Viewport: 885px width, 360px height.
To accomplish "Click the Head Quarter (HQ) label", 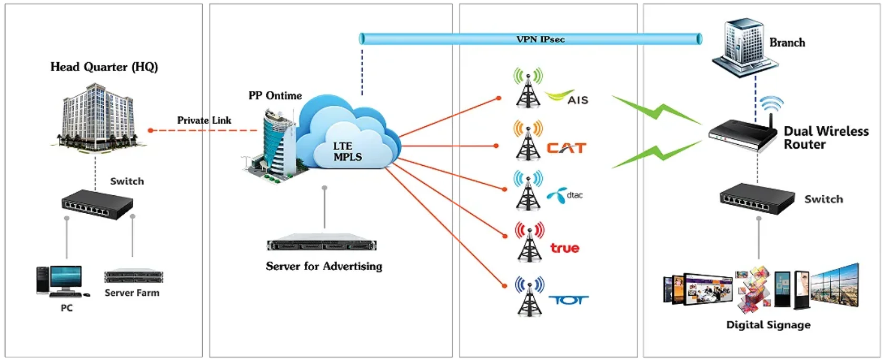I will [x=104, y=67].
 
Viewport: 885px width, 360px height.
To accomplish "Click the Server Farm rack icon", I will [x=134, y=276].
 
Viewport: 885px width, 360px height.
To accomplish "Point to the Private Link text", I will [x=204, y=121].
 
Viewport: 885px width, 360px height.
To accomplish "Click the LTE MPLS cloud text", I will [x=347, y=152].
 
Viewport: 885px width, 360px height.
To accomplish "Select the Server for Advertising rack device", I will [x=322, y=245].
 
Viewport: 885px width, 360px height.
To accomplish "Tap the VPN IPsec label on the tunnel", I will [x=540, y=39].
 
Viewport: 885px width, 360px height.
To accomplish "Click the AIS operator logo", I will [x=567, y=97].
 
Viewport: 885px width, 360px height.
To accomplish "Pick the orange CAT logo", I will [x=566, y=148].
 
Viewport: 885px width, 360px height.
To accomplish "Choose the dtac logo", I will [x=565, y=195].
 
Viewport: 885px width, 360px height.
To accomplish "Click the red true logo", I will [x=564, y=248].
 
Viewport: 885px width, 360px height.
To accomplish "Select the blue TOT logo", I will [x=568, y=300].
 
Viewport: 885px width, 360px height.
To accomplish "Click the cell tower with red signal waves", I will [x=529, y=242].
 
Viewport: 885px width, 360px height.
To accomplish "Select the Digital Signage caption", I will [x=768, y=325].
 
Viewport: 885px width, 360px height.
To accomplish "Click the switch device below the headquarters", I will [x=97, y=204].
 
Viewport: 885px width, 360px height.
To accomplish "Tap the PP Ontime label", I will [x=275, y=96].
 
